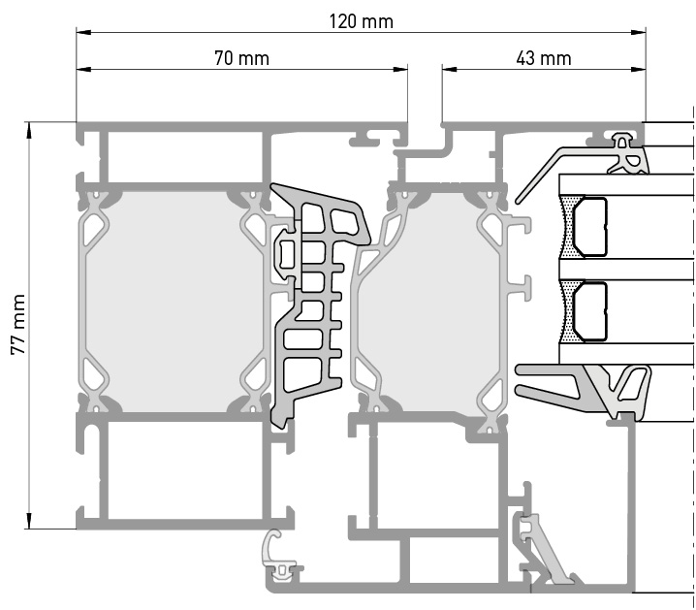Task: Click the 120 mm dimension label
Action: [361, 21]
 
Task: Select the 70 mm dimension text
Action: [242, 58]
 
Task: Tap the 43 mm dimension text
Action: [543, 58]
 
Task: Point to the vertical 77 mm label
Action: [18, 324]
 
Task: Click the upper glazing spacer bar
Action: [589, 228]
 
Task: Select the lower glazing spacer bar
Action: [589, 311]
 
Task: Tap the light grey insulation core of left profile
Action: [174, 302]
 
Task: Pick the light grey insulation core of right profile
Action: [438, 302]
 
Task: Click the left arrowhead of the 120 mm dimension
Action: [83, 32]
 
